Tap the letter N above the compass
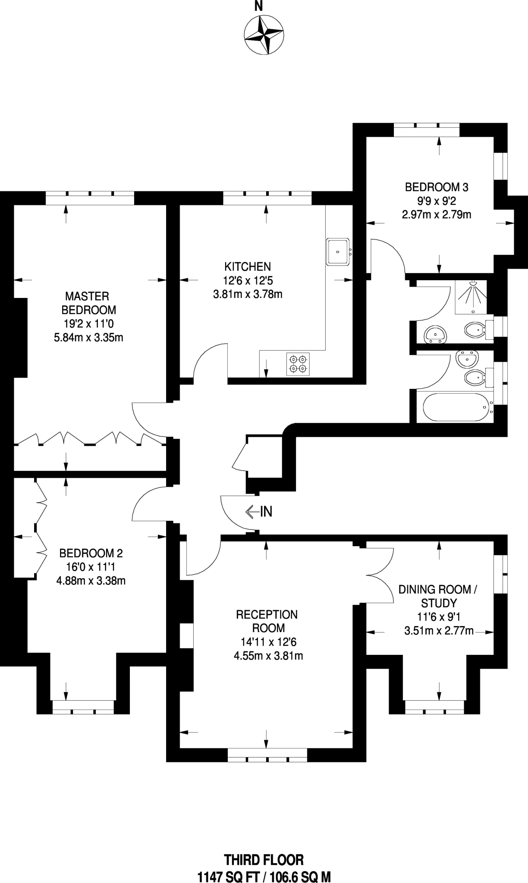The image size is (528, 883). coord(258,6)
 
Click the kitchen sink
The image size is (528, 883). coord(338,251)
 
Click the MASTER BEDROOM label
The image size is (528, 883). coord(88,303)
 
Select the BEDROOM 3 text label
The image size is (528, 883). coord(436,187)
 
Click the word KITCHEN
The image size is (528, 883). coord(248,266)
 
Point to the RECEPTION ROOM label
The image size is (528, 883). coord(267,621)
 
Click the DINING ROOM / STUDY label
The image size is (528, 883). coord(438,596)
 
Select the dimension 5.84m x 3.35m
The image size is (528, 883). coord(88,338)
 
